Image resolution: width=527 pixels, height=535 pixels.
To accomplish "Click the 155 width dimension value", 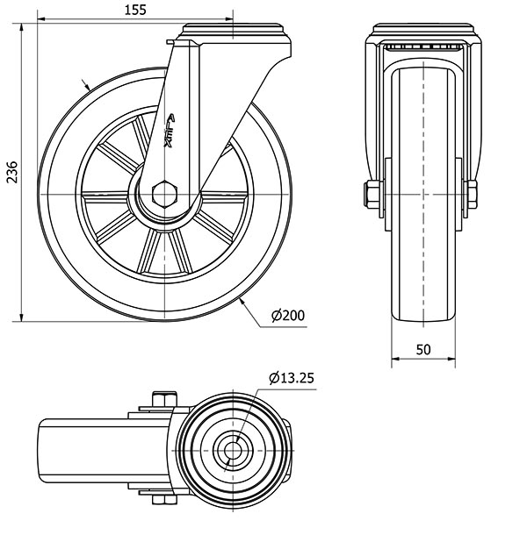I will [134, 10].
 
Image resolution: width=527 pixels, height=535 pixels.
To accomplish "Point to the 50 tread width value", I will [422, 348].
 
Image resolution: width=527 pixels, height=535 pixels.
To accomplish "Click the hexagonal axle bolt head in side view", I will [163, 192].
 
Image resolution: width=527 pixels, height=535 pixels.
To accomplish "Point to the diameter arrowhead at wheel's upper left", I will [85, 85].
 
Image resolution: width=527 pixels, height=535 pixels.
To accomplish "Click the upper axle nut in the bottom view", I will [161, 401].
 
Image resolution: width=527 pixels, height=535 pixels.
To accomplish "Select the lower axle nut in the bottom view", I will [161, 501].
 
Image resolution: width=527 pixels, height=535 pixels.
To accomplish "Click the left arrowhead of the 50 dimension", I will [392, 359].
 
